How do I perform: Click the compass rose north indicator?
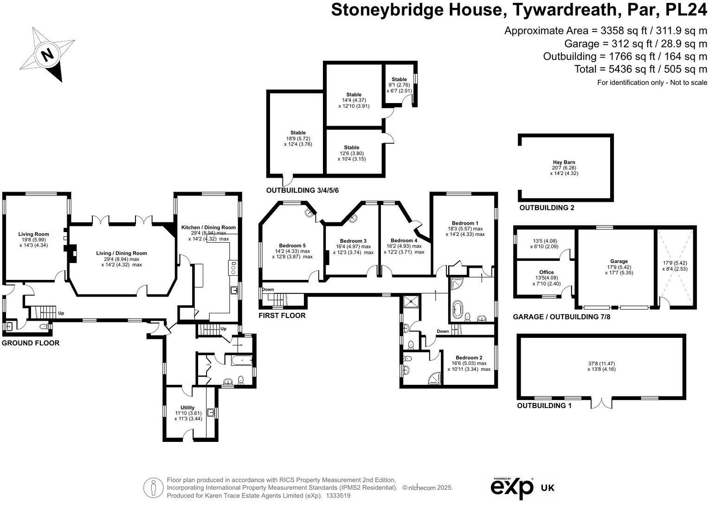[x=47, y=54]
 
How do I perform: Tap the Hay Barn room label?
[x=564, y=162]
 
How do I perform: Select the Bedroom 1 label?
[x=463, y=223]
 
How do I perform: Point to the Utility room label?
[x=187, y=408]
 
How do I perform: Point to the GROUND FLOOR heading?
[x=31, y=343]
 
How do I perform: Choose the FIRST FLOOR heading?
[x=282, y=316]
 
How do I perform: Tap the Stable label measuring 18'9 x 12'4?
[x=298, y=133]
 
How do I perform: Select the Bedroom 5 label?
[x=292, y=246]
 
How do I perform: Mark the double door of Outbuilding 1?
[x=601, y=402]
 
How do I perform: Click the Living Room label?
[x=33, y=234]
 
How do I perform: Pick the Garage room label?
[x=619, y=261]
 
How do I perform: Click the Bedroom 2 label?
[x=469, y=358]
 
